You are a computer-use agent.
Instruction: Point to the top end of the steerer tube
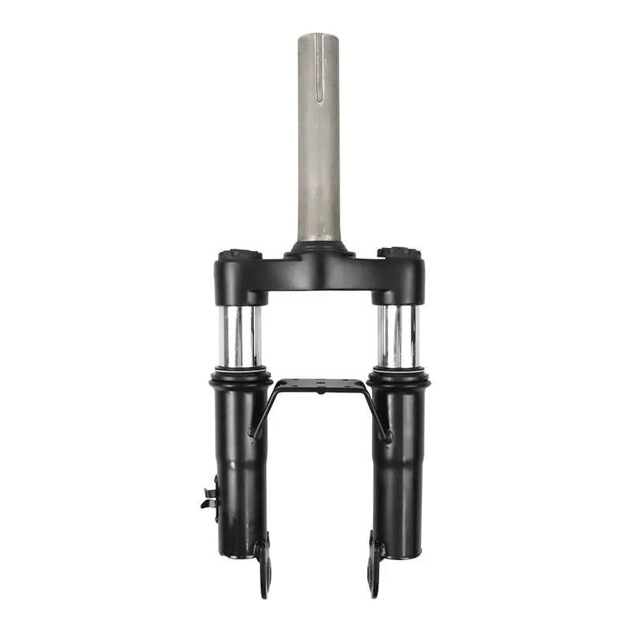coord(319,35)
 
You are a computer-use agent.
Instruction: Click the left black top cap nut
coord(239,255)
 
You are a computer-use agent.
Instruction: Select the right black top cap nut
coord(399,254)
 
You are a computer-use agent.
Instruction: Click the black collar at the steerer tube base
coord(319,247)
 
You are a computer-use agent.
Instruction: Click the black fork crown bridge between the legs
coord(319,273)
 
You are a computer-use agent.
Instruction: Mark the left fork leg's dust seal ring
coord(239,378)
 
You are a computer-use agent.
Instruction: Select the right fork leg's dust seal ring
coord(399,378)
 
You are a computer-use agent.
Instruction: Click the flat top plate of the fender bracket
coord(319,386)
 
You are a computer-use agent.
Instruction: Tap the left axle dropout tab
coord(263,569)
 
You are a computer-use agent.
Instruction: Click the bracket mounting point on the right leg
coord(386,435)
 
